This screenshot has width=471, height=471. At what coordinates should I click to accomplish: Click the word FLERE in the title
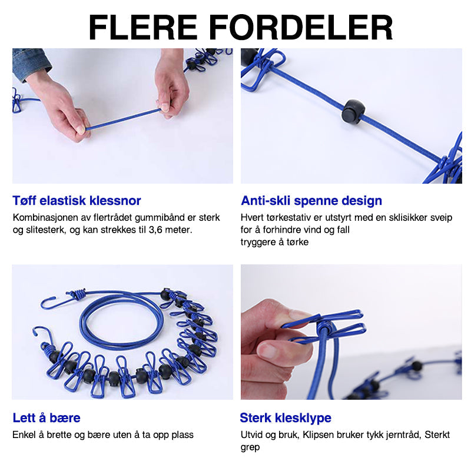click(x=142, y=27)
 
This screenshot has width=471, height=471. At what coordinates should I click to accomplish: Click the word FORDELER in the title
click(x=301, y=27)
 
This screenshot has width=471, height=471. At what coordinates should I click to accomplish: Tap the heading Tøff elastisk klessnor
click(x=77, y=201)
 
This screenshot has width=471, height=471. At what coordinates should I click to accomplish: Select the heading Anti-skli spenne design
click(x=311, y=201)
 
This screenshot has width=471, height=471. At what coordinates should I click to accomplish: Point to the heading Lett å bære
click(x=47, y=418)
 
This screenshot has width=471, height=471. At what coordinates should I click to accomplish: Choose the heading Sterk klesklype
click(x=286, y=418)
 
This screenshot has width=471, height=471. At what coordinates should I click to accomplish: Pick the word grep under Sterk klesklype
click(x=250, y=448)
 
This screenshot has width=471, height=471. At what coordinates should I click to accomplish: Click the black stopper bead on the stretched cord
click(x=354, y=112)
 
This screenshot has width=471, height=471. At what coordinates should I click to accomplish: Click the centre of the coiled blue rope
click(x=122, y=321)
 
